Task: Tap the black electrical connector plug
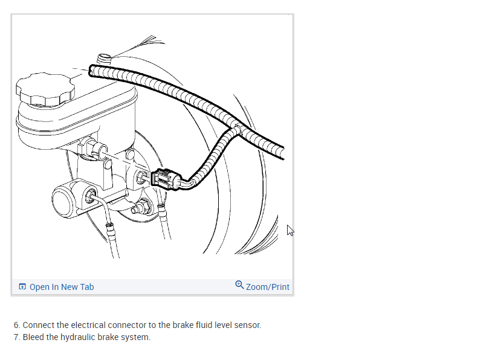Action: coord(164,179)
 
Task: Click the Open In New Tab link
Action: coord(62,287)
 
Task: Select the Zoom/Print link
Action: coord(267,287)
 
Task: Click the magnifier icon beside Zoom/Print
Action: coord(239,285)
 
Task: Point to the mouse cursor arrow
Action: coord(290,230)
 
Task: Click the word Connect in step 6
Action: coord(38,325)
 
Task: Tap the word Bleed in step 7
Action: coord(34,337)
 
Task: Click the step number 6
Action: coord(16,325)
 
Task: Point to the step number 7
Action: coord(16,337)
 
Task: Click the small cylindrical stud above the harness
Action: coord(104,59)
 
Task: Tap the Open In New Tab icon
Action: coord(22,287)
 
